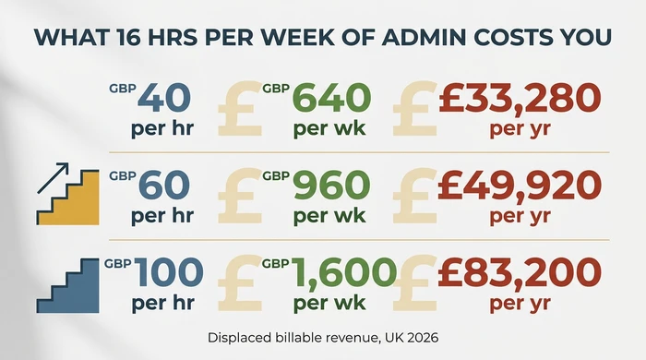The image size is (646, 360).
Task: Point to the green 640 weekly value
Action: point(331,98)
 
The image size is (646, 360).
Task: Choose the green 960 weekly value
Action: point(331,187)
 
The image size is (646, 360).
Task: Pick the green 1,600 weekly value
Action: point(344,274)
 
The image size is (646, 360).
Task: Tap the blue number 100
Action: point(168,274)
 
